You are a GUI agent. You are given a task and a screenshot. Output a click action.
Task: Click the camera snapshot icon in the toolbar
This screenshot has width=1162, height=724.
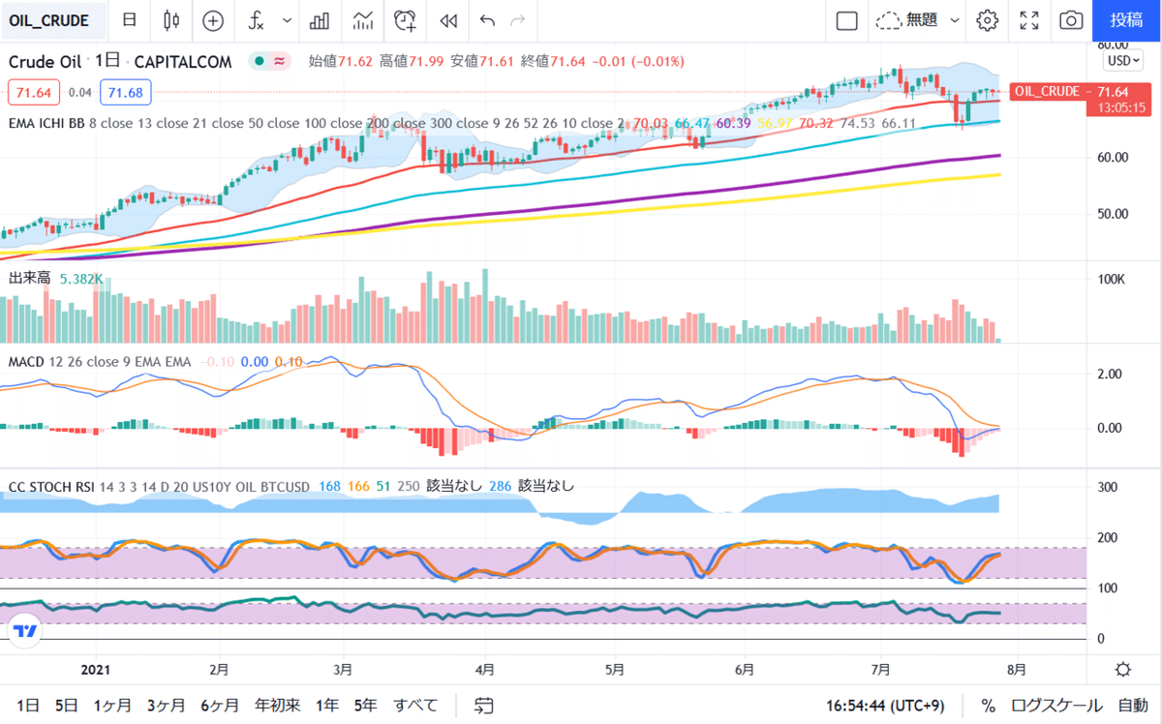1070,20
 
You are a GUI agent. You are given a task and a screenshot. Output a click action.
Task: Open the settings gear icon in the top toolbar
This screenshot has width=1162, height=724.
987,20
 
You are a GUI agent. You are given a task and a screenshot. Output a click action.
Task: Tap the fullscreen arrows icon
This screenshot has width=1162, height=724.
1029,20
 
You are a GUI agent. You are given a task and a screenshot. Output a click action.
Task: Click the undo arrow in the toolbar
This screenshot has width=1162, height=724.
487,20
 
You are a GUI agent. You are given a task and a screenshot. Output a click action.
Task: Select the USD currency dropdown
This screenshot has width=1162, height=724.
1123,60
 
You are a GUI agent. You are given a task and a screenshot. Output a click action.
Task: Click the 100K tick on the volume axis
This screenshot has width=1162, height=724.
1110,280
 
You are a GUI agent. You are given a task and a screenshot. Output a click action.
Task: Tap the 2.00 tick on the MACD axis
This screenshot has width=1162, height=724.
1108,374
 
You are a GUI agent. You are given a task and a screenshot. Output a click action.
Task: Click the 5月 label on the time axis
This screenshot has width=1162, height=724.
613,669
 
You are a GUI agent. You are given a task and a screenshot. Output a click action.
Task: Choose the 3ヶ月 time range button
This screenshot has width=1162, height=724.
167,705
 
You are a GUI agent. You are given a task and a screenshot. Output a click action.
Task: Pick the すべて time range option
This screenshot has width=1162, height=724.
415,705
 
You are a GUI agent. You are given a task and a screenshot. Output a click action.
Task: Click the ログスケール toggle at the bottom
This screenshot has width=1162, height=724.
1056,706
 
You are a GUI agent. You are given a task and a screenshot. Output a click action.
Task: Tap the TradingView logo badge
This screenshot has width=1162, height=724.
25,631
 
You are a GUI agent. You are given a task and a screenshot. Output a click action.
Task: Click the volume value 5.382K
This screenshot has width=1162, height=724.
80,279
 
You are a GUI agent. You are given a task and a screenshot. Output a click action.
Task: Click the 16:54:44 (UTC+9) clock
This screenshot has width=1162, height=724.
886,706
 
